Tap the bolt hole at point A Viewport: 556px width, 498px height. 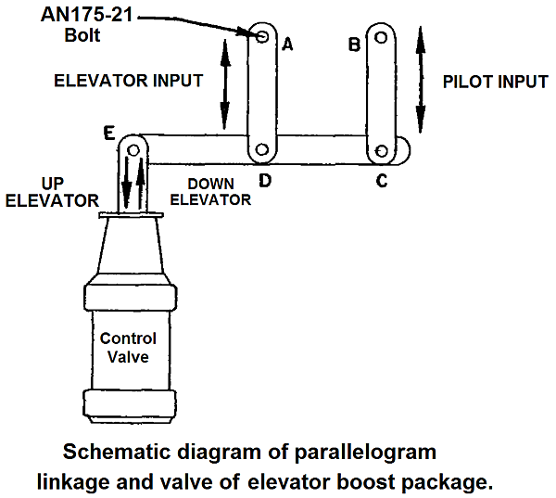(263, 36)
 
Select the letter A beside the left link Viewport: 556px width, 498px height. (287, 45)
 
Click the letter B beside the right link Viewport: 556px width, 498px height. (353, 45)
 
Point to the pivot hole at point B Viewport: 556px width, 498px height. (380, 38)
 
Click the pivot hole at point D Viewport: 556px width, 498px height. (263, 149)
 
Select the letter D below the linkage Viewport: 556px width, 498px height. (264, 180)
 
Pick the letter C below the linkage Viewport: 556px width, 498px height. (381, 181)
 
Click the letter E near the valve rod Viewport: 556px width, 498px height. (109, 134)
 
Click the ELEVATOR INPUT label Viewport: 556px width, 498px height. (128, 81)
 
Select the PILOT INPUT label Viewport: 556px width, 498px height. (496, 81)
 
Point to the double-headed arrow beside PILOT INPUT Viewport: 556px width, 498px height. (421, 81)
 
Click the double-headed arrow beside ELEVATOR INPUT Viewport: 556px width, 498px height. (223, 84)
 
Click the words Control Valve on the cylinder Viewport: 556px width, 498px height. (128, 347)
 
